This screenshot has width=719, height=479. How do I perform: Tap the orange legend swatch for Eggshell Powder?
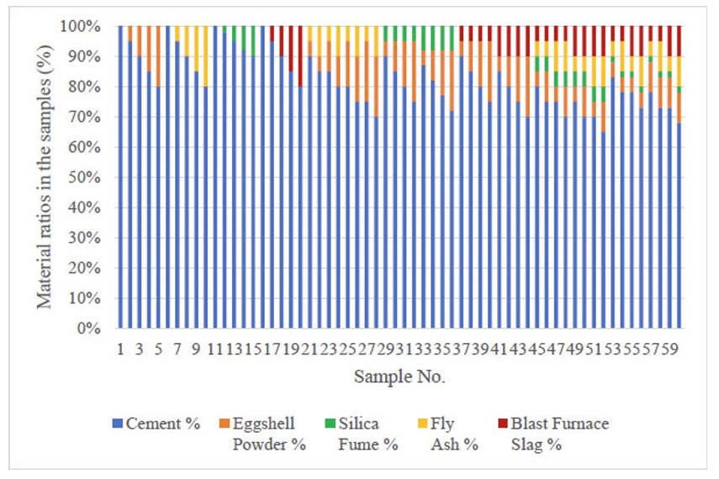pyautogui.click(x=224, y=424)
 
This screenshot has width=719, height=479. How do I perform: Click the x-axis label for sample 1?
pyautogui.click(x=120, y=348)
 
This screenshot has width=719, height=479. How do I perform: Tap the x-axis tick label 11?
pyautogui.click(x=215, y=348)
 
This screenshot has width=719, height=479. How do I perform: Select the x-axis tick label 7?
pyautogui.click(x=177, y=348)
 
